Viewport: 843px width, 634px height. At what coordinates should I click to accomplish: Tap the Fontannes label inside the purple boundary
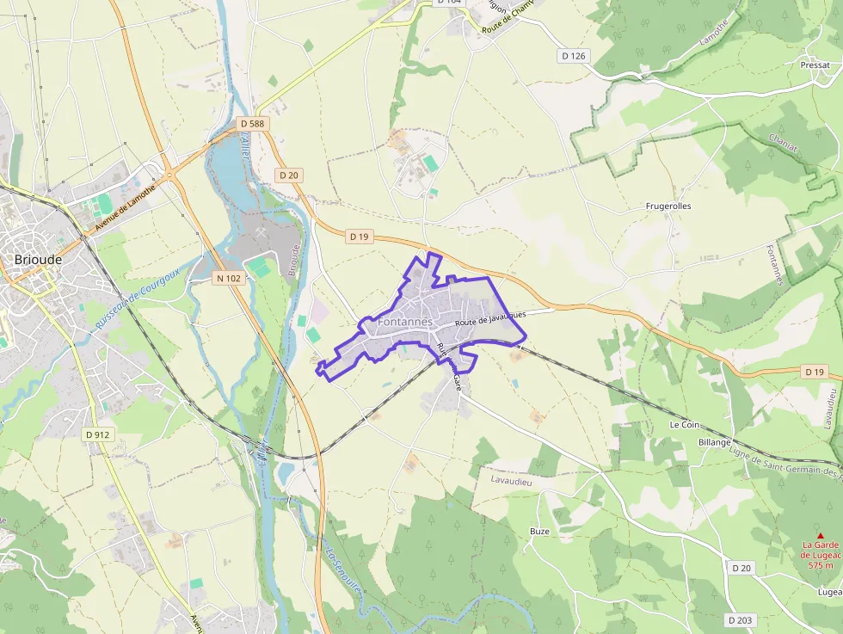tap(404, 322)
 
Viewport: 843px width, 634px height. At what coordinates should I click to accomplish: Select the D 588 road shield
tap(252, 124)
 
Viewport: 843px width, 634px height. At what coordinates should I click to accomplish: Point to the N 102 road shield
tap(230, 278)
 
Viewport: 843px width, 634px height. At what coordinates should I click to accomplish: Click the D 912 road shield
tap(98, 434)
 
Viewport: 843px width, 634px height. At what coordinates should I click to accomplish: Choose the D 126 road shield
tap(573, 56)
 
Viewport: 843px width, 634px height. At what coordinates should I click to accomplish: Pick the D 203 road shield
tap(740, 619)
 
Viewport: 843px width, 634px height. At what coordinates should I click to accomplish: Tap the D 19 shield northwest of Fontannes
tap(360, 236)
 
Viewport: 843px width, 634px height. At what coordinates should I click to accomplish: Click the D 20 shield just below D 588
tap(289, 175)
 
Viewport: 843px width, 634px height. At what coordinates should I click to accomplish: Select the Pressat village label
tap(815, 65)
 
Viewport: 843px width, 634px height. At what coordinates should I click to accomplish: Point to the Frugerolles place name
tap(668, 206)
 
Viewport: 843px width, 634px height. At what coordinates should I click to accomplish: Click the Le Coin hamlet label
tap(685, 425)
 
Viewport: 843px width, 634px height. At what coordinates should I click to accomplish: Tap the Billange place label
tap(715, 442)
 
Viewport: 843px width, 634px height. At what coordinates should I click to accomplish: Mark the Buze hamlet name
tap(539, 532)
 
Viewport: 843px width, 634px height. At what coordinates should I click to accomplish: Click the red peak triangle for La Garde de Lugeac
tap(820, 535)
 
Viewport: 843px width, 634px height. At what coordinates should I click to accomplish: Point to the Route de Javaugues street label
tap(490, 319)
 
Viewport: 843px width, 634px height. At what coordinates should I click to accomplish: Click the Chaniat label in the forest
tap(783, 143)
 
